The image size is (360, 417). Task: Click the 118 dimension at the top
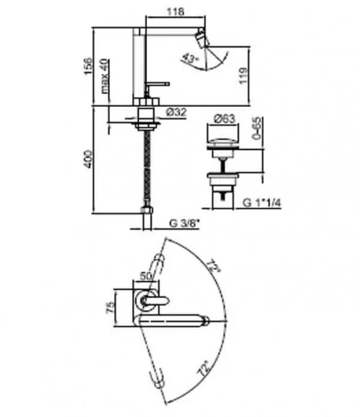tap(175, 12)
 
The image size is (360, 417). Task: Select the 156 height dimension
tap(88, 66)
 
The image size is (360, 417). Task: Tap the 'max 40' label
tap(105, 76)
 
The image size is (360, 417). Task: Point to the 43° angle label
tap(190, 59)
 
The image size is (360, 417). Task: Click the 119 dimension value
tap(243, 76)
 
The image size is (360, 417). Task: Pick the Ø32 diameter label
tap(176, 112)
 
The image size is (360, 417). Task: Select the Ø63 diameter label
tap(225, 119)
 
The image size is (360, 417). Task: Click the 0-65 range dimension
tap(257, 128)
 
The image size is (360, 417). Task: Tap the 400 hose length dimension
tap(88, 159)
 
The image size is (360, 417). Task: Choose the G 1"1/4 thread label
tap(262, 203)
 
